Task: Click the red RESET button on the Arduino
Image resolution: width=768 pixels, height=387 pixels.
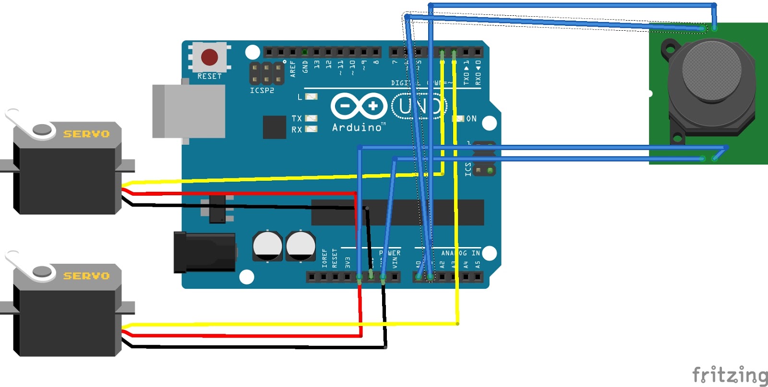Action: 209,57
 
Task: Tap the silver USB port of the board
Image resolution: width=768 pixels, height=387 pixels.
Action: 189,111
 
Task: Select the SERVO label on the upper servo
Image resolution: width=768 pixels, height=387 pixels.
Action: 86,134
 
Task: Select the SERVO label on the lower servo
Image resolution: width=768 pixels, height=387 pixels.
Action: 86,276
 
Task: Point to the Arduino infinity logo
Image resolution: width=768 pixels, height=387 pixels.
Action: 359,106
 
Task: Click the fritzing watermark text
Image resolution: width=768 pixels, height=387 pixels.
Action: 729,375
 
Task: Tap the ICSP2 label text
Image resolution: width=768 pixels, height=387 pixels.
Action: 262,91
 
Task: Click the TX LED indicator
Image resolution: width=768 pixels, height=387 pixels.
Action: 311,118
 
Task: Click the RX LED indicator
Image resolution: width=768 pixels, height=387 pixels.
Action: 311,129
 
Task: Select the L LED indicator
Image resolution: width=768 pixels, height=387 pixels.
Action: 311,97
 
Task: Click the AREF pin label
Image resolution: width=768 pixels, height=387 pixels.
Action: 293,69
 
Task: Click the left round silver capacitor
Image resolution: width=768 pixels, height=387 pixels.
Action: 267,246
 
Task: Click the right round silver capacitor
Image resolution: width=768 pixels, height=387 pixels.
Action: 300,246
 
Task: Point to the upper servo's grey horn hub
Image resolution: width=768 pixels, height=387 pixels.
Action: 42,129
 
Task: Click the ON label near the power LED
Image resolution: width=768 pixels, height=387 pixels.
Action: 471,118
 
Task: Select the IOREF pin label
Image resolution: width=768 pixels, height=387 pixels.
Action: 324,258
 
